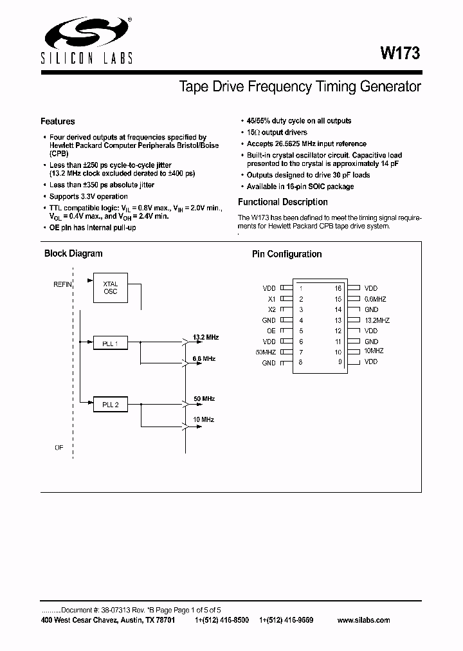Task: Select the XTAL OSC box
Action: [x=110, y=288]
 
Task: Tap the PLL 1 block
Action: [x=110, y=344]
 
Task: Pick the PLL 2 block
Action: [x=110, y=405]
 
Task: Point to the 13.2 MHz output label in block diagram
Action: [x=206, y=336]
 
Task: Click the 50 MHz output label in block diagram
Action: [x=204, y=399]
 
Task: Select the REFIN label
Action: [x=63, y=284]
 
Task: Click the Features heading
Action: [x=58, y=122]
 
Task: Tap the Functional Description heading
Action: [x=283, y=202]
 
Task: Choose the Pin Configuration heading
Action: [x=287, y=254]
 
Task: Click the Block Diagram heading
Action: [x=73, y=253]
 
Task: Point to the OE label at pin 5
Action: [x=271, y=331]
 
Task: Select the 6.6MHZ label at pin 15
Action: [x=375, y=299]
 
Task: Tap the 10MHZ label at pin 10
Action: [x=374, y=351]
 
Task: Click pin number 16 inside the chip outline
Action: [x=338, y=289]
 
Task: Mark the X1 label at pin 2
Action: [x=271, y=299]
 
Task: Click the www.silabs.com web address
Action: [x=363, y=620]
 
